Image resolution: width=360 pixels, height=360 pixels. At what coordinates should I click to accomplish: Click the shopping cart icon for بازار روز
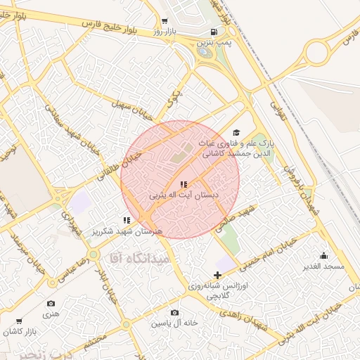[165, 21]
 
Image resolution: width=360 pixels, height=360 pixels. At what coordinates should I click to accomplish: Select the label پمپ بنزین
[213, 43]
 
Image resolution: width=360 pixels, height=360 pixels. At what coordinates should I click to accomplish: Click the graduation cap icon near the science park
[236, 132]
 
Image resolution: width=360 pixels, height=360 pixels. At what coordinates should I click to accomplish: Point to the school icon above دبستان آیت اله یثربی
[184, 184]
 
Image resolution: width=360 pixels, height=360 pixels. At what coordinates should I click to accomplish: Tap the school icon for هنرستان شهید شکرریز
[127, 220]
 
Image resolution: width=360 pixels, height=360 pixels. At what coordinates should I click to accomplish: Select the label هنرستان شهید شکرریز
[128, 231]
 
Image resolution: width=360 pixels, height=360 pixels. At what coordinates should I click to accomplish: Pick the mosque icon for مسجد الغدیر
[323, 255]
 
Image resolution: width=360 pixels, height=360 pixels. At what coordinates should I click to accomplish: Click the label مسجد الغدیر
[323, 266]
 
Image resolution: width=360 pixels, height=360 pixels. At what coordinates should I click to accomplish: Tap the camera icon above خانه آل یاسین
[174, 312]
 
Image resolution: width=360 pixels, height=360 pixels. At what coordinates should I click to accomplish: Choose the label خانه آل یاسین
[174, 323]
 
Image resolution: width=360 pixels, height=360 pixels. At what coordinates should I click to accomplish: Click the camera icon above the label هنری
[51, 303]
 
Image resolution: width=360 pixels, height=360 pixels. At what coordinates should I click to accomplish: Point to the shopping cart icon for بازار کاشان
[18, 320]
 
